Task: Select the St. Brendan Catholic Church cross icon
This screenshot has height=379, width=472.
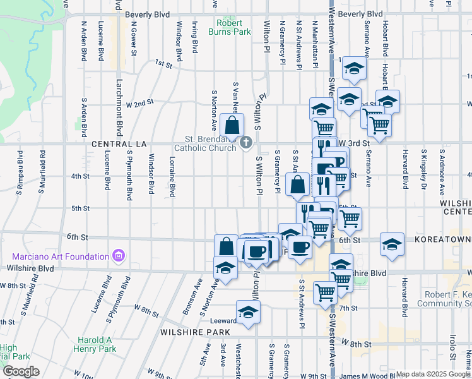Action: click(x=246, y=144)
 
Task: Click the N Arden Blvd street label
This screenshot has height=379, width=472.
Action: click(x=83, y=42)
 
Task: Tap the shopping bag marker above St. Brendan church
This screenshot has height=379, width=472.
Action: click(x=232, y=125)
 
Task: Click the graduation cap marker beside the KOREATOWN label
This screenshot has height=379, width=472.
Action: click(x=392, y=244)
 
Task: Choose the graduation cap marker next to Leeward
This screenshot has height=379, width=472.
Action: click(x=248, y=312)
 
